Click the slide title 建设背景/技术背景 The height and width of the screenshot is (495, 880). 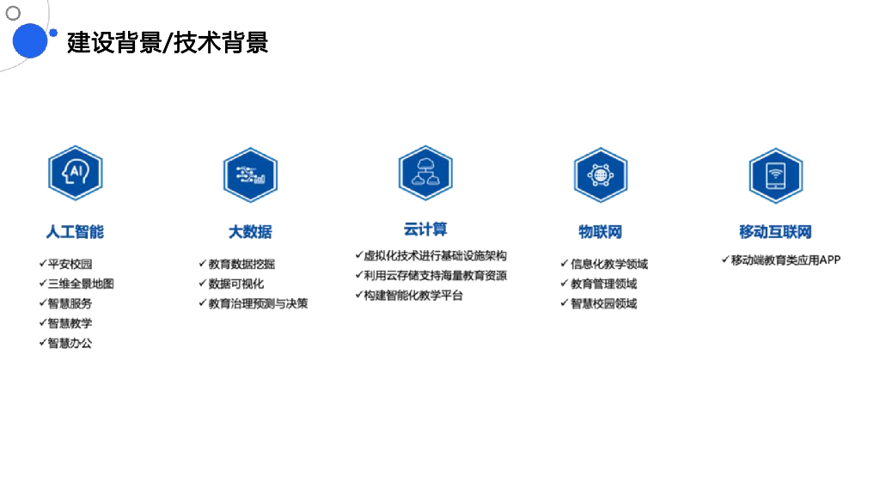(168, 41)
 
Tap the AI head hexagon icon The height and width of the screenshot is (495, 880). (76, 174)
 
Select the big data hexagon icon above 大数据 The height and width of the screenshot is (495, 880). (250, 174)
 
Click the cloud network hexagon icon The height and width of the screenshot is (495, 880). (425, 173)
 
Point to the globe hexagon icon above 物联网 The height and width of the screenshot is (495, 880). (600, 174)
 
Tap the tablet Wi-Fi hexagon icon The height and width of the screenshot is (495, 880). (775, 174)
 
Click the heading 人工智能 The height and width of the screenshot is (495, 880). (75, 232)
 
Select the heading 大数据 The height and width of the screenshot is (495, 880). (250, 232)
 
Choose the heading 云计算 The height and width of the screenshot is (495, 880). (425, 229)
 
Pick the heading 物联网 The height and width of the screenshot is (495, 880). (600, 232)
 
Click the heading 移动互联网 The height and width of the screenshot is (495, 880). (775, 232)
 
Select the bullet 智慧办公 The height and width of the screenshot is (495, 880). (70, 343)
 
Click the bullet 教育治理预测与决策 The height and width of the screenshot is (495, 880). (258, 303)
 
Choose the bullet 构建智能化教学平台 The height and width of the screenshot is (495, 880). (412, 296)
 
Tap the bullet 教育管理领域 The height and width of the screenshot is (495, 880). (603, 284)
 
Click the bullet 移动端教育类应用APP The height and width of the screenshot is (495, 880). (785, 260)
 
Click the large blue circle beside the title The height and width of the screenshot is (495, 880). (29, 40)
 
